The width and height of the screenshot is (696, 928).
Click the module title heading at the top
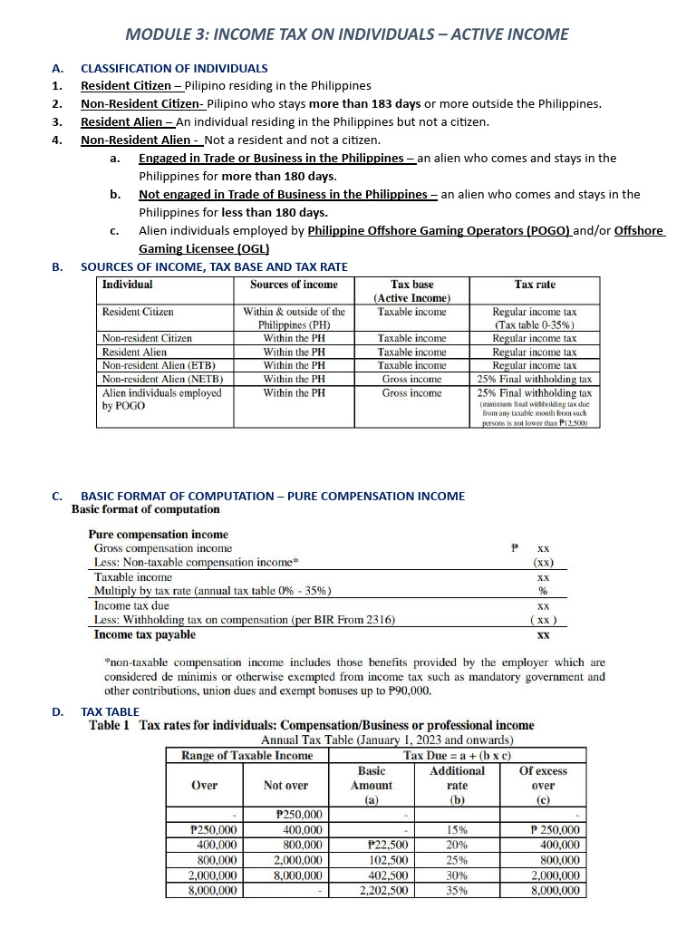pyautogui.click(x=347, y=34)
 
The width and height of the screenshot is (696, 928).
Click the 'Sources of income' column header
pyautogui.click(x=294, y=285)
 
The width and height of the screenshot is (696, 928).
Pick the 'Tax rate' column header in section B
pyautogui.click(x=534, y=285)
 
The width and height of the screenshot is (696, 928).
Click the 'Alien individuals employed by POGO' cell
pyautogui.click(x=161, y=400)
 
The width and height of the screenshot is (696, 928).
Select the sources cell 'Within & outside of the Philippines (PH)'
pyautogui.click(x=294, y=318)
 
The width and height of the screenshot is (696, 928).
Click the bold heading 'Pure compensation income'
pyautogui.click(x=158, y=535)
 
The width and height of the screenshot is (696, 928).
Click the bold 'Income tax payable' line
pyautogui.click(x=144, y=634)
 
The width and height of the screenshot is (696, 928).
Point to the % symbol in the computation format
pyautogui.click(x=543, y=591)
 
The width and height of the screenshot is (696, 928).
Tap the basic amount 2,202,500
pyautogui.click(x=383, y=891)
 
